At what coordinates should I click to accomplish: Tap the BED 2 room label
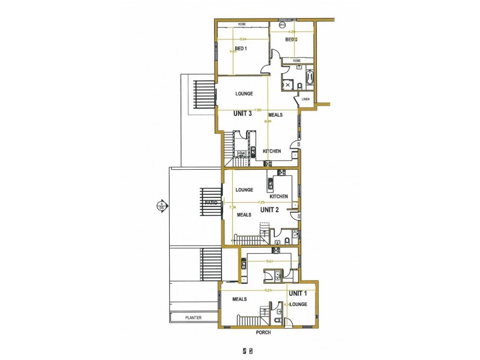coord(291,40)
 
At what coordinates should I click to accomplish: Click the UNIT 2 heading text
coord(269,210)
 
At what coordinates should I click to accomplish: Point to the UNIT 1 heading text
coord(298,293)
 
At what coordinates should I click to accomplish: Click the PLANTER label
coord(193,318)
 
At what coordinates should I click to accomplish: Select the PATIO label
coord(210,203)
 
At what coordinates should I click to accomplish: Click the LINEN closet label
coord(306,100)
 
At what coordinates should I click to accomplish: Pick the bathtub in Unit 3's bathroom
coord(310,79)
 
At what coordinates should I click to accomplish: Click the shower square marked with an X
coord(288,85)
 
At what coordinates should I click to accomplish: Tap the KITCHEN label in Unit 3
coord(272,151)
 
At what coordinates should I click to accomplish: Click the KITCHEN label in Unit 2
coord(278,196)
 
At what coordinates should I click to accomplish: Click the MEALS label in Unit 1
coord(240,299)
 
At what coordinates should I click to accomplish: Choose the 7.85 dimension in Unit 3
coord(257,110)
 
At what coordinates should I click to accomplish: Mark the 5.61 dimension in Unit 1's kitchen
coord(270,261)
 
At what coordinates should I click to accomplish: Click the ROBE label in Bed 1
coord(242,25)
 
